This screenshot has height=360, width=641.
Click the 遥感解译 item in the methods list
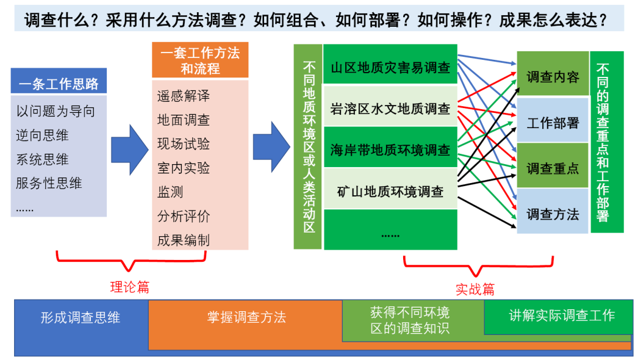tap(184, 96)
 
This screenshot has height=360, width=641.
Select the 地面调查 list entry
tap(184, 120)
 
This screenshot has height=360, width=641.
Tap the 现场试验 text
tap(184, 144)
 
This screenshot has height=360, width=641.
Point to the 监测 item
tap(170, 192)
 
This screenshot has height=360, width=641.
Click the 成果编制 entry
tap(184, 240)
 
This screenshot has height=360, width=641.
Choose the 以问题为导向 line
tap(56, 112)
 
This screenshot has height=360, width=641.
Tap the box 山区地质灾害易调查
tap(390, 67)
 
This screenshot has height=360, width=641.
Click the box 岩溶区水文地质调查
tap(390, 109)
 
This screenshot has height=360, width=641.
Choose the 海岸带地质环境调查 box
tap(390, 149)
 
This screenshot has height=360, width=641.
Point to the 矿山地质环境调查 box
tap(390, 191)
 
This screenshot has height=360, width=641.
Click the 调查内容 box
tap(553, 76)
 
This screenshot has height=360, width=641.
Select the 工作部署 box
tap(553, 123)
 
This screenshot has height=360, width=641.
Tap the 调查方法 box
tap(553, 214)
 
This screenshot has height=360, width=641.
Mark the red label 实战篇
tap(475, 289)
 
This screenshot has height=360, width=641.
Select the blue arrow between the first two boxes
tap(129, 146)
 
